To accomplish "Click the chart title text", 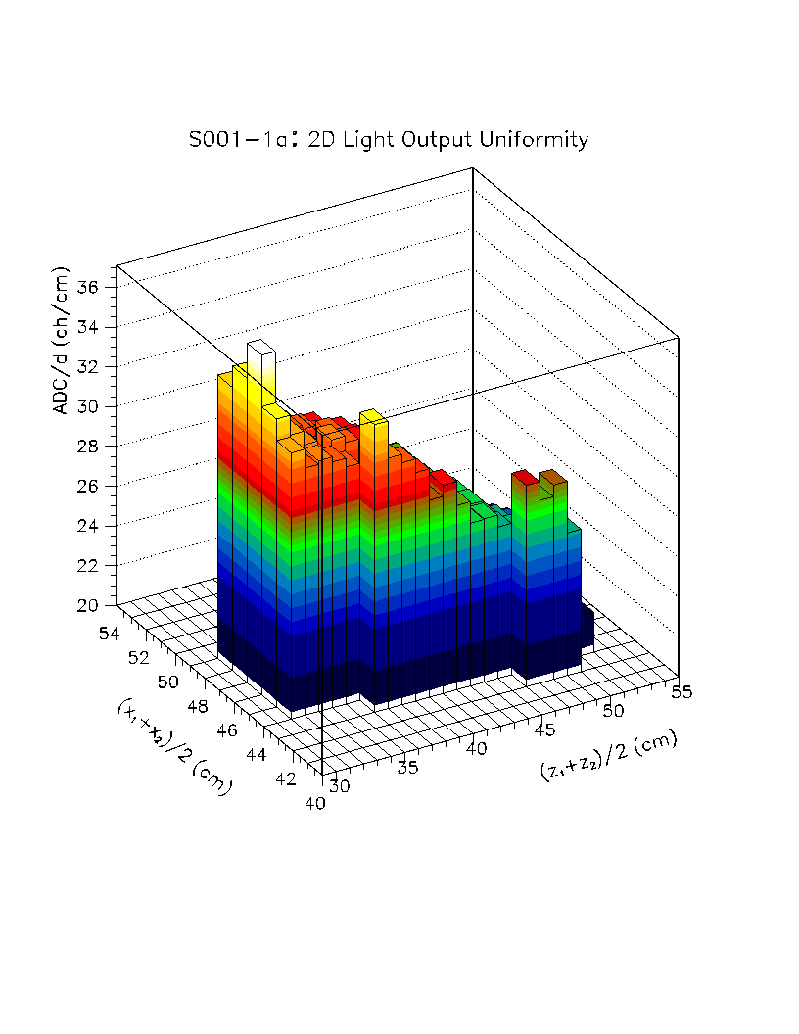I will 389,140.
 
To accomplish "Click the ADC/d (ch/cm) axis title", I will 62,341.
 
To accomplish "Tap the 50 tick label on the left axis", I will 168,681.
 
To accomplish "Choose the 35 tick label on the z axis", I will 409,767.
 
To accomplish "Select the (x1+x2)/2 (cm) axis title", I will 174,743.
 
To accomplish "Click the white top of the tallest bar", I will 259,347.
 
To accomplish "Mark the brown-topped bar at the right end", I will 552,478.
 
